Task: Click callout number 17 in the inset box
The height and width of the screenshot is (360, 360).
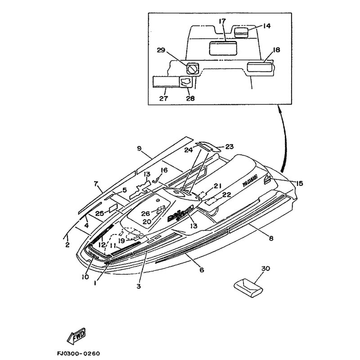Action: point(222,22)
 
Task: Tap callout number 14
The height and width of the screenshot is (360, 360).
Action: point(267,26)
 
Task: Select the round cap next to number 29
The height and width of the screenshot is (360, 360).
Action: point(193,69)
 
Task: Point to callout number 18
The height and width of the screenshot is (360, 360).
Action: point(276,50)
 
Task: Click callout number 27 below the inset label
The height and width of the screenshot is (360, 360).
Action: point(163,98)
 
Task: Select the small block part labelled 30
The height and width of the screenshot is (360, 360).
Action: point(247,287)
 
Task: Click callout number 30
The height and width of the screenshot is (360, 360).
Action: point(265,268)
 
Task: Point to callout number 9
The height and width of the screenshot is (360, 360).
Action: point(139,148)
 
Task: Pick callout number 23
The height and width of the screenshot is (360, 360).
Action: point(229,147)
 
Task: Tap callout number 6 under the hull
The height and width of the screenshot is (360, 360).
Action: point(201,270)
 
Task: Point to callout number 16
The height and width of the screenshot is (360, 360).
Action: point(164,170)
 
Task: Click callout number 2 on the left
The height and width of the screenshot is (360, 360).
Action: point(67,245)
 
